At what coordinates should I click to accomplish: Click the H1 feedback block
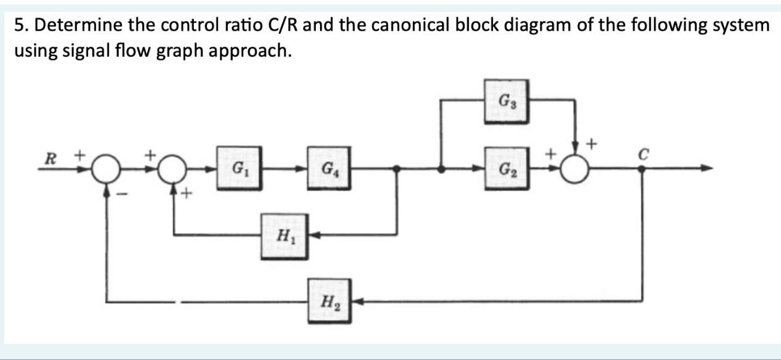tap(284, 234)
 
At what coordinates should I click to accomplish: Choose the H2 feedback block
tap(330, 302)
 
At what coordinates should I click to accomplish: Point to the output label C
tap(641, 154)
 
